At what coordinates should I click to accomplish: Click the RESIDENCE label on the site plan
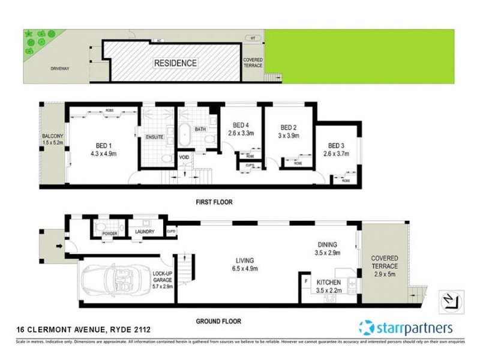[175, 62]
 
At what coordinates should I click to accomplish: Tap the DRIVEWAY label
[61, 68]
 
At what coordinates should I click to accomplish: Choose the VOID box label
[184, 158]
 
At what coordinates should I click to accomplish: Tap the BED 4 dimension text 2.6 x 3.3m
[242, 133]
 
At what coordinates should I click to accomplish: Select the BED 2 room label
[289, 127]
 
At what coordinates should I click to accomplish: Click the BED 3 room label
[337, 145]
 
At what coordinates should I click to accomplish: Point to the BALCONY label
[53, 136]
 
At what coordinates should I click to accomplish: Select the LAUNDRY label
[145, 232]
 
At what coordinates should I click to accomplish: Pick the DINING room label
[328, 244]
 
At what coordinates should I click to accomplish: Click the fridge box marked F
[307, 280]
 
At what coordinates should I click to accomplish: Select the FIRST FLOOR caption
[214, 202]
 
